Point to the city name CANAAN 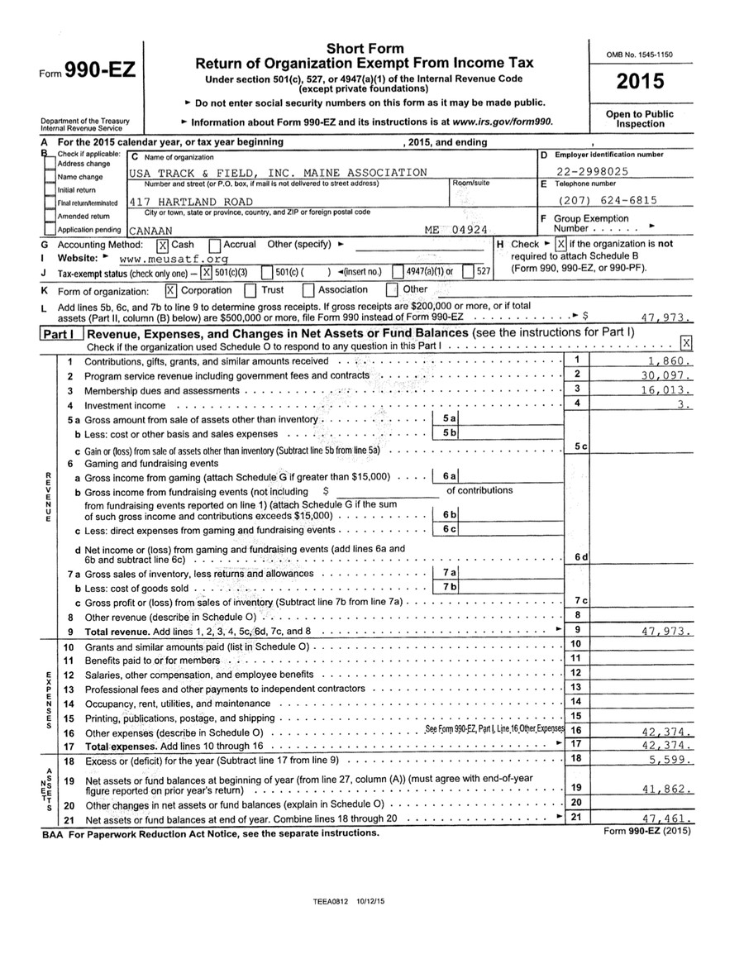click(x=150, y=231)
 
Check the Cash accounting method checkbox click(x=163, y=245)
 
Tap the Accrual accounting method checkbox click(x=215, y=245)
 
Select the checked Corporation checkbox click(x=171, y=290)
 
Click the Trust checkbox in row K click(x=250, y=290)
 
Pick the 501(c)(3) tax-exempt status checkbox click(x=207, y=272)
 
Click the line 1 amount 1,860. click(x=670, y=361)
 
